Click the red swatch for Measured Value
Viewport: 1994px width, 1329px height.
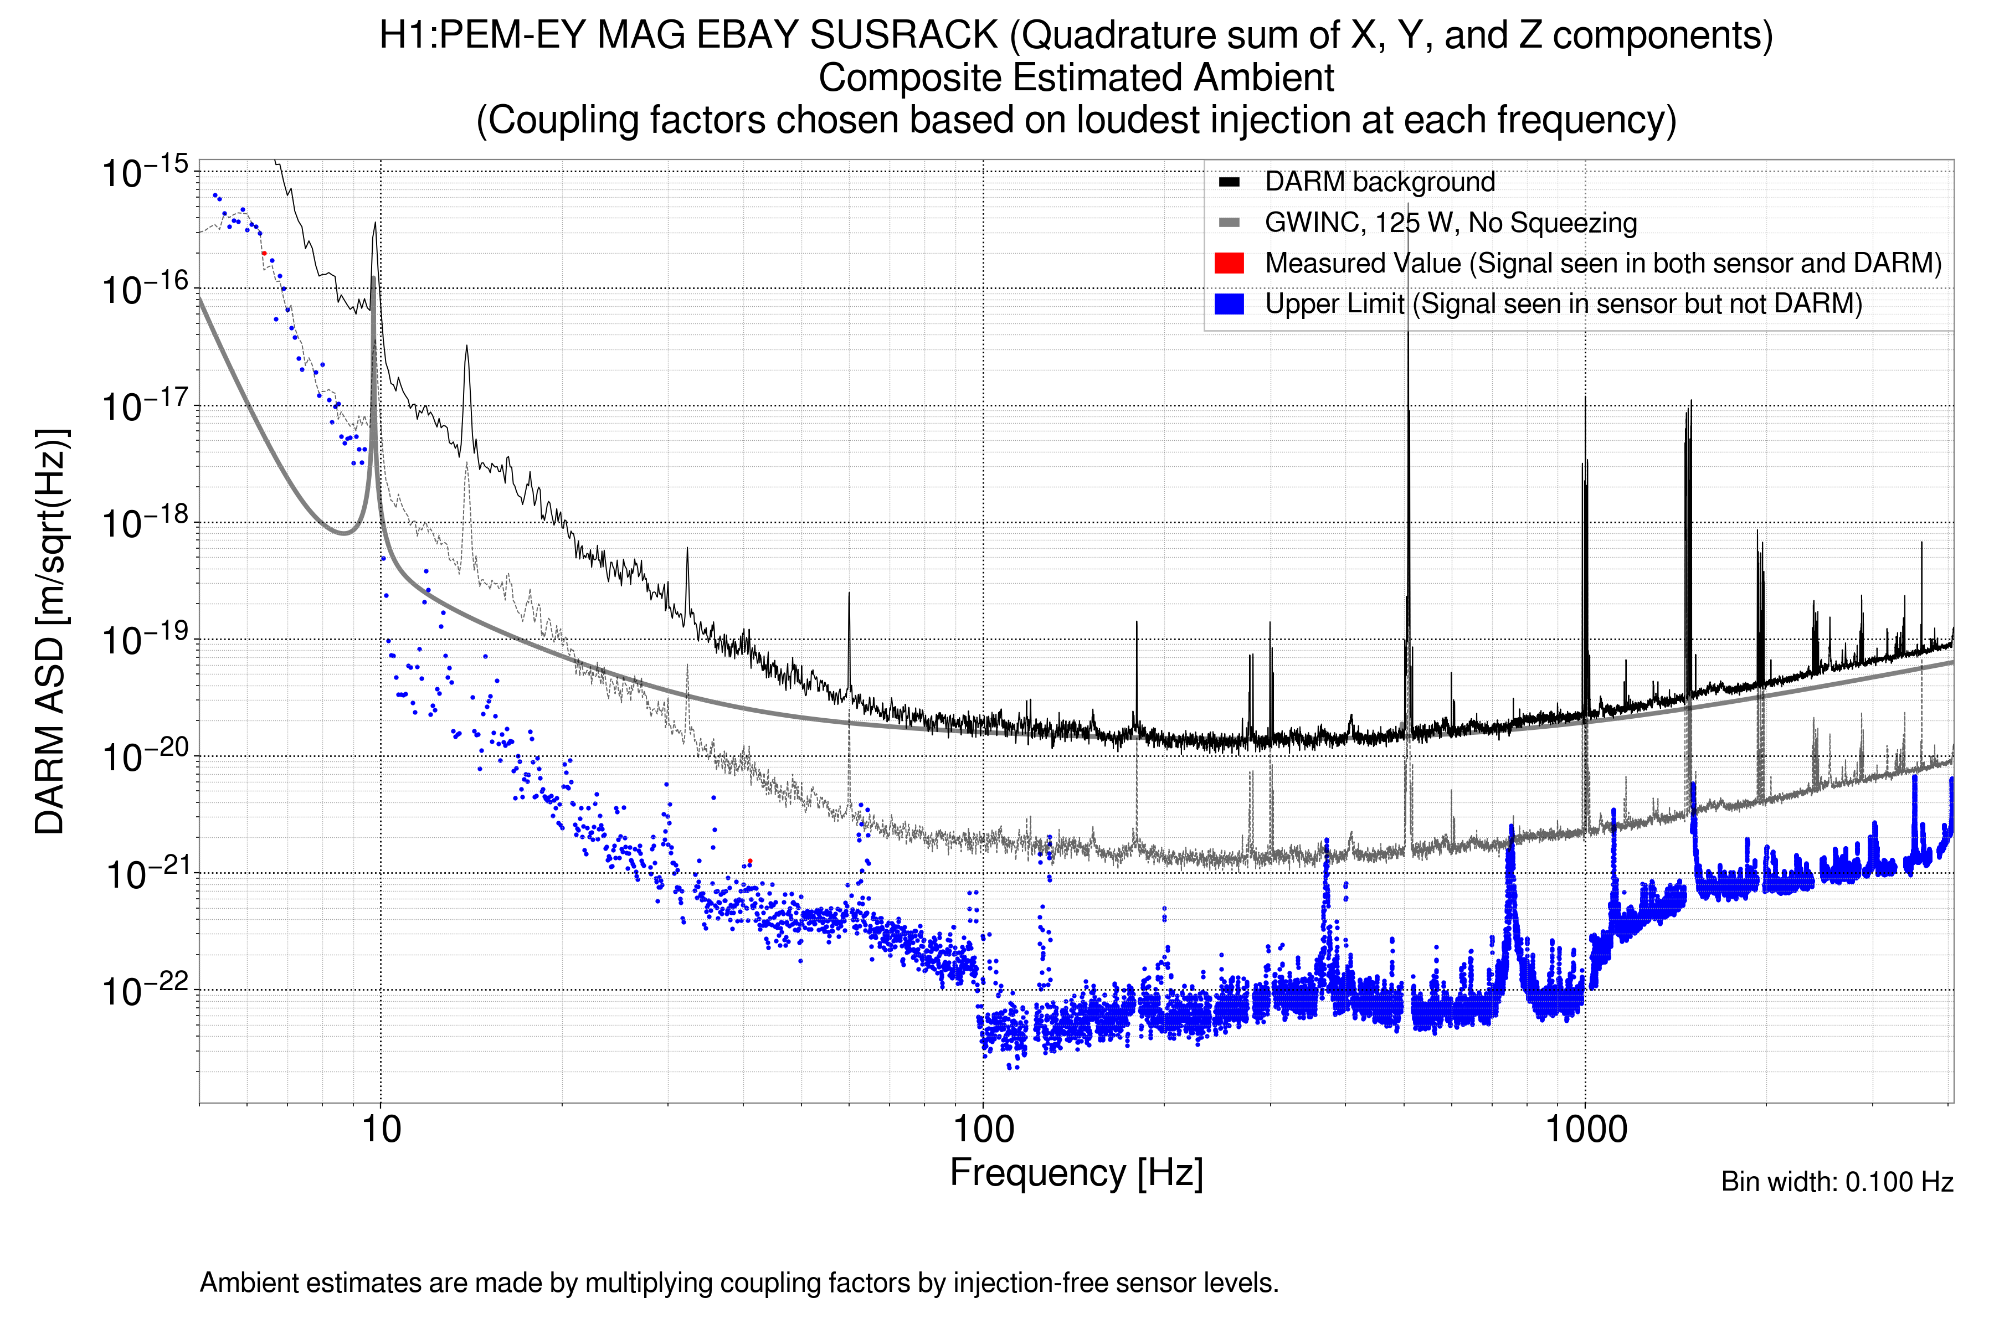coord(1229,264)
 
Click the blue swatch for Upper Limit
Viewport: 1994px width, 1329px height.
coord(1229,304)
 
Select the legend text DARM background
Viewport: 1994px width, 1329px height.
coord(1379,182)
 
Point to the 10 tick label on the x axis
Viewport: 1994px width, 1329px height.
coord(381,1130)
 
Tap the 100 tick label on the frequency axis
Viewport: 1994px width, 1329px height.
coord(984,1130)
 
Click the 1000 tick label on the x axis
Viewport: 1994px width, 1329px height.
coord(1585,1130)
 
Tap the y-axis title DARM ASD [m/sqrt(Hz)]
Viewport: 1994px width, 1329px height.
coord(51,631)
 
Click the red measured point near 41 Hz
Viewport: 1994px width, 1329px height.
coord(749,861)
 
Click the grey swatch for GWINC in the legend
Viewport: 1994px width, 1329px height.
coord(1229,223)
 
